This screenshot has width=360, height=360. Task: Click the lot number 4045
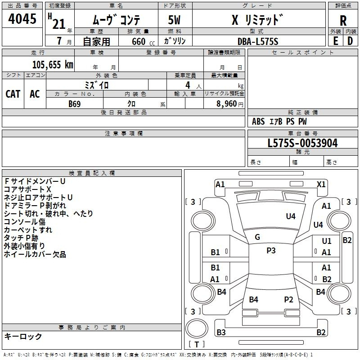point(22,18)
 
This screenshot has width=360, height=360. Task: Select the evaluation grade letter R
point(343,21)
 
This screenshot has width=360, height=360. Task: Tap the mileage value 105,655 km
point(53,64)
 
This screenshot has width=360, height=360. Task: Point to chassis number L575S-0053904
point(302,143)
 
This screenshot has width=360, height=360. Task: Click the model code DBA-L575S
point(258,41)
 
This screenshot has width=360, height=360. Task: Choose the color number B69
point(75,104)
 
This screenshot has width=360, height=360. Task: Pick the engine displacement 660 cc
point(143,41)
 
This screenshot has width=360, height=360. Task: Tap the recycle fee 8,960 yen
point(230,104)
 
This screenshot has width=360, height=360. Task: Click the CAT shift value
point(13,94)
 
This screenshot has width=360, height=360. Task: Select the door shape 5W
point(174,20)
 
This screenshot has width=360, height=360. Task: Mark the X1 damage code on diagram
point(321,184)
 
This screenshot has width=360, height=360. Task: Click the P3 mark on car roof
point(271,250)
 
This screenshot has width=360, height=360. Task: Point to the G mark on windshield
point(257,237)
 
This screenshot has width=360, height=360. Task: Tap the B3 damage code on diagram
point(221,332)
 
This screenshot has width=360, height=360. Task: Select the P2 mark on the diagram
point(288,299)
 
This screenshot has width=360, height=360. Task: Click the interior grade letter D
point(350,41)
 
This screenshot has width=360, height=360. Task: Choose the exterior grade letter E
point(335,41)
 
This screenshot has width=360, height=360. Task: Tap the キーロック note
point(23,336)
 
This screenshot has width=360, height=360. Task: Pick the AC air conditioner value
point(35,94)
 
